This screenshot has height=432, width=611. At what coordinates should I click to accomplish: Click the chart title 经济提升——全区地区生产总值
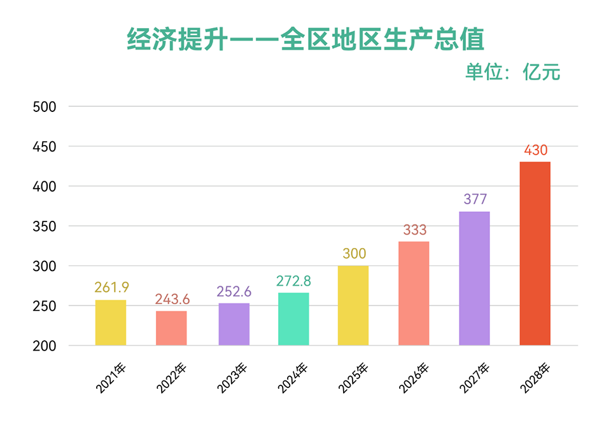(x=305, y=39)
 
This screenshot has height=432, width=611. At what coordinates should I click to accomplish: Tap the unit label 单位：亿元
(x=512, y=72)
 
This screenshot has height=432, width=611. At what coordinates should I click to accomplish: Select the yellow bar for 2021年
(x=111, y=323)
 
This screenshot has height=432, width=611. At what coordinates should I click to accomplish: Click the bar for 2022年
(x=172, y=328)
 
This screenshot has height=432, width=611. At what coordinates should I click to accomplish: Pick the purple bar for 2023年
(x=234, y=324)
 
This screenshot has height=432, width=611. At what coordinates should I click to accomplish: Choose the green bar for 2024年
(x=293, y=319)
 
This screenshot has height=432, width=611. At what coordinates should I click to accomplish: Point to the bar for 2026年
(x=414, y=293)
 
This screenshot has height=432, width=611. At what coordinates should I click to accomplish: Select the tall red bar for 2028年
(x=535, y=253)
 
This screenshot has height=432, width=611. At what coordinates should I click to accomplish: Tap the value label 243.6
(x=172, y=299)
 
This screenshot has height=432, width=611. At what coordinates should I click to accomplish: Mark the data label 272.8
(x=293, y=280)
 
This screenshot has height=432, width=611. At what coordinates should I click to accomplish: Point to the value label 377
(x=475, y=199)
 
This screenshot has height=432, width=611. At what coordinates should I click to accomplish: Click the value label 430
(x=535, y=151)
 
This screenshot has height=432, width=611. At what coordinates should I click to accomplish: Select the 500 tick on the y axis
(x=45, y=107)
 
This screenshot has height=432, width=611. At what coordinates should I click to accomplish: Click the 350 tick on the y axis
(x=45, y=226)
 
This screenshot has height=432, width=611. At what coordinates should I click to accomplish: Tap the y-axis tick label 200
(x=45, y=346)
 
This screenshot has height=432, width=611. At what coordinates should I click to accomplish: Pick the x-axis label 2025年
(x=354, y=378)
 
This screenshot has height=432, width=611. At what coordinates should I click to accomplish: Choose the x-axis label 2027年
(x=475, y=378)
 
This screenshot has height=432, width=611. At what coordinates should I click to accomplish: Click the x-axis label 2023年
(x=233, y=378)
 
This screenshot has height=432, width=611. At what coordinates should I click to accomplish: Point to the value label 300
(x=354, y=254)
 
